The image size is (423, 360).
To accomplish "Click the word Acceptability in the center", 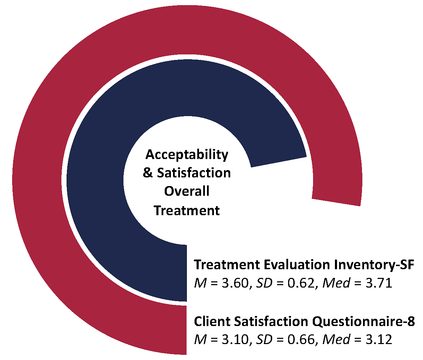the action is pos(187,155).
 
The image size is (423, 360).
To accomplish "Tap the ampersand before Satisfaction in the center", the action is pos(148,173).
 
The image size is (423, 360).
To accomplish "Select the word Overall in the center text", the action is pos(187,191).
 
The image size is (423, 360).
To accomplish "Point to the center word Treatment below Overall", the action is pos(187,210).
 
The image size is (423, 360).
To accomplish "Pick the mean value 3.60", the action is pos(235,284).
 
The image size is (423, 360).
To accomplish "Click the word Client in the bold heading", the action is pos(211,321).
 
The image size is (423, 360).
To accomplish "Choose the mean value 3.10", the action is pos(235,340).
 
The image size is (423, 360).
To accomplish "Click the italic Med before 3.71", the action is pos(336,283).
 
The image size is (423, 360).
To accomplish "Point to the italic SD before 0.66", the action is pos(264,340).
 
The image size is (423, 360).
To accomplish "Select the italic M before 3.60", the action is pos(200,284).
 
